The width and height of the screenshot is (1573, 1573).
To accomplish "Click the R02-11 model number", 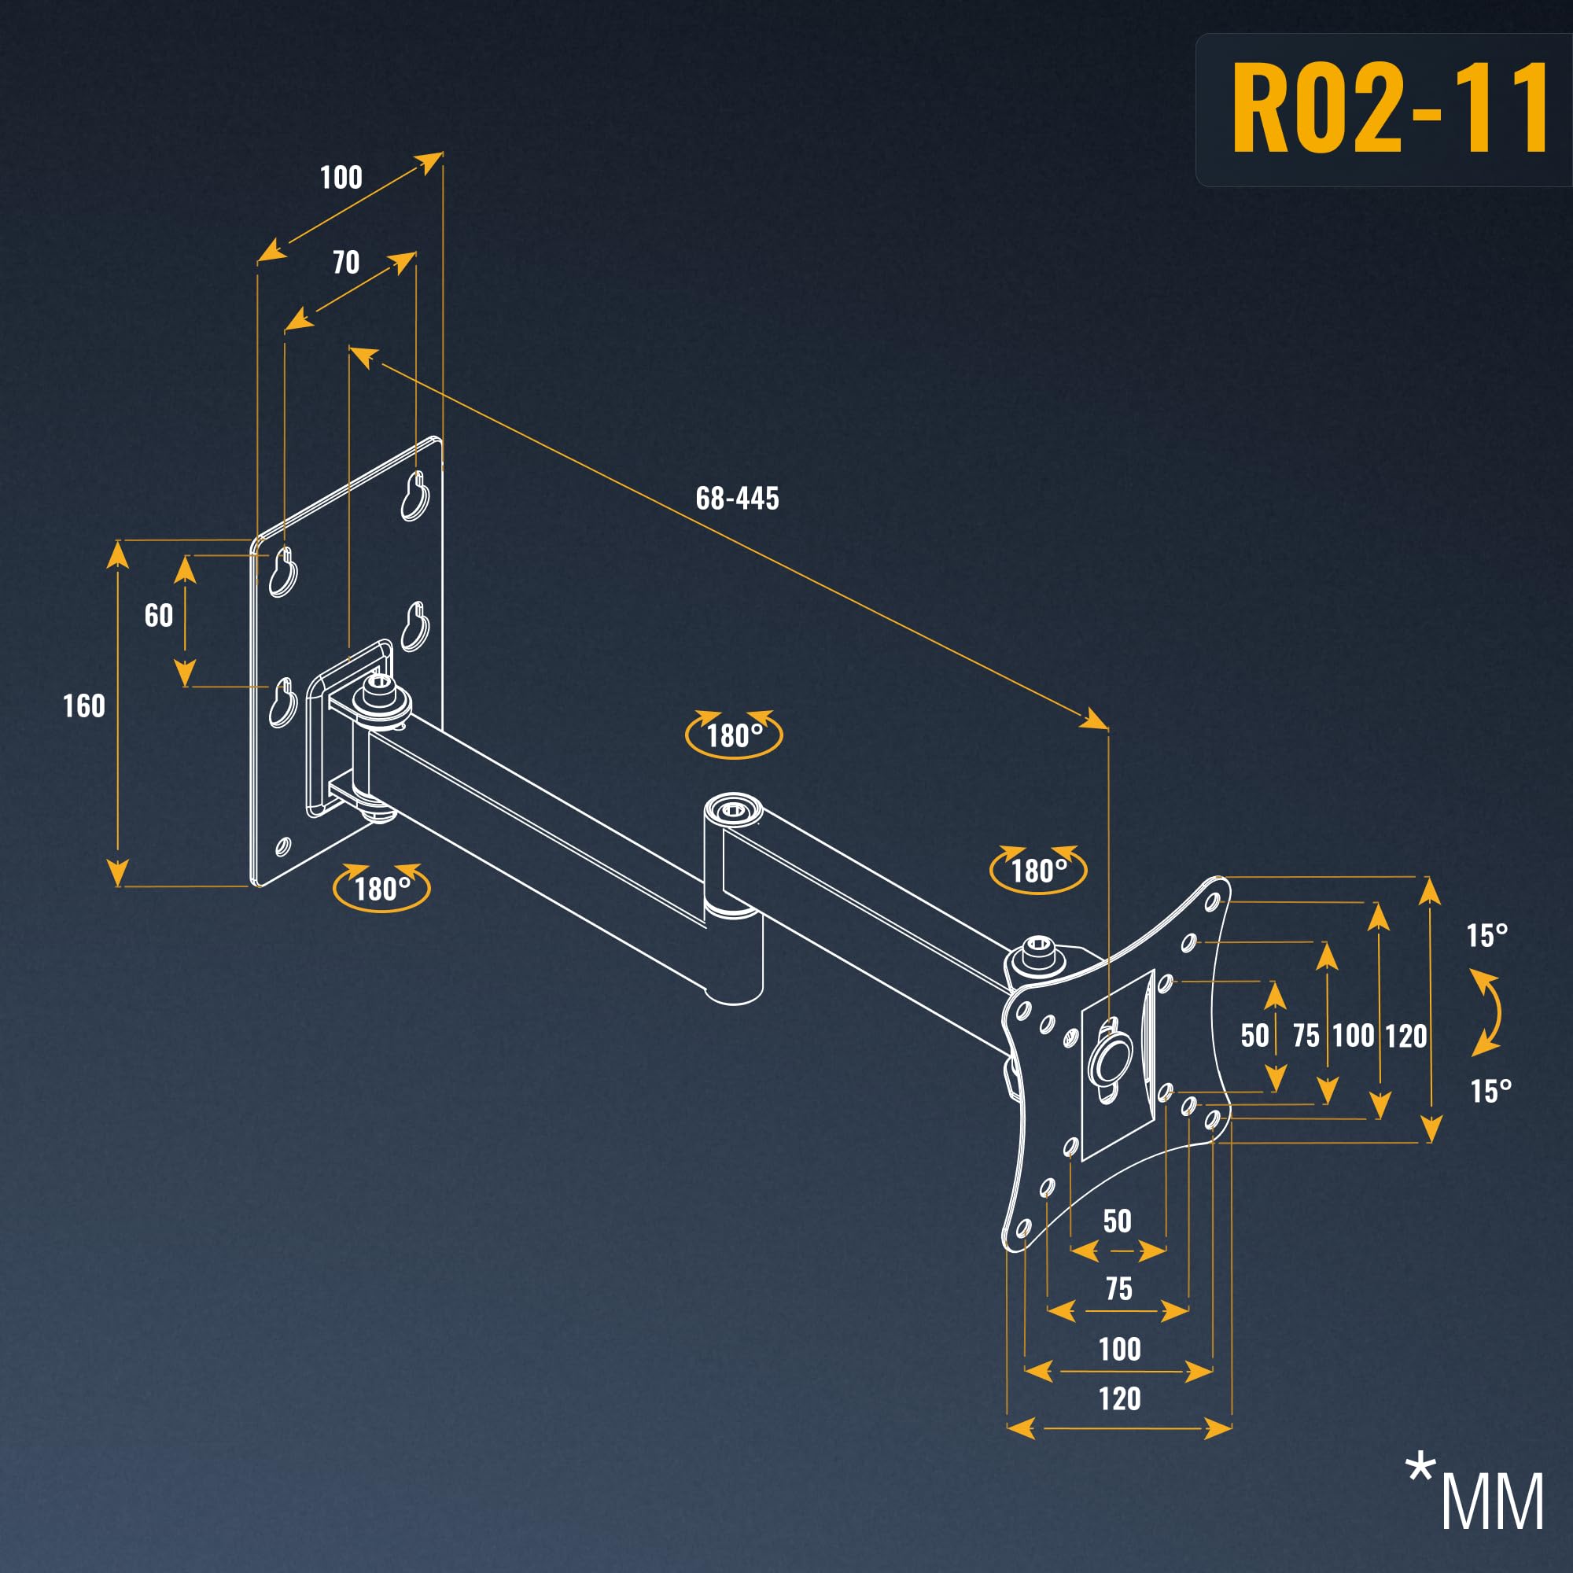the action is (x=1390, y=108).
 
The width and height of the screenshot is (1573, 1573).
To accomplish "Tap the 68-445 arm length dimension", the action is (x=737, y=499).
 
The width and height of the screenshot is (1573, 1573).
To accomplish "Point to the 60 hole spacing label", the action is (x=159, y=615).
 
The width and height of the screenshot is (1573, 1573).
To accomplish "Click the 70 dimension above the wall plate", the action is (x=346, y=261).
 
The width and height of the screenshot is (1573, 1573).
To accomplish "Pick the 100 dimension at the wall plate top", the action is (x=341, y=177).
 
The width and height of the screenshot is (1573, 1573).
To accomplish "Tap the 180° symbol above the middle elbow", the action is (x=734, y=735).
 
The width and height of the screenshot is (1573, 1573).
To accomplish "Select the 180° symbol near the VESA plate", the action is (x=1038, y=871).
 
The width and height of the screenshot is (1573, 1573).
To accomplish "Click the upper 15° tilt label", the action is (x=1486, y=935).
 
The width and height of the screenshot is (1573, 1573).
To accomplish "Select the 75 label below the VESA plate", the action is (x=1118, y=1288).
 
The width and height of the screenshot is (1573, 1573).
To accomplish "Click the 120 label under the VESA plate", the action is (x=1119, y=1398).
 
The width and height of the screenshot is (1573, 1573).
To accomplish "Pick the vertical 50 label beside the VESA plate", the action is (x=1254, y=1036).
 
